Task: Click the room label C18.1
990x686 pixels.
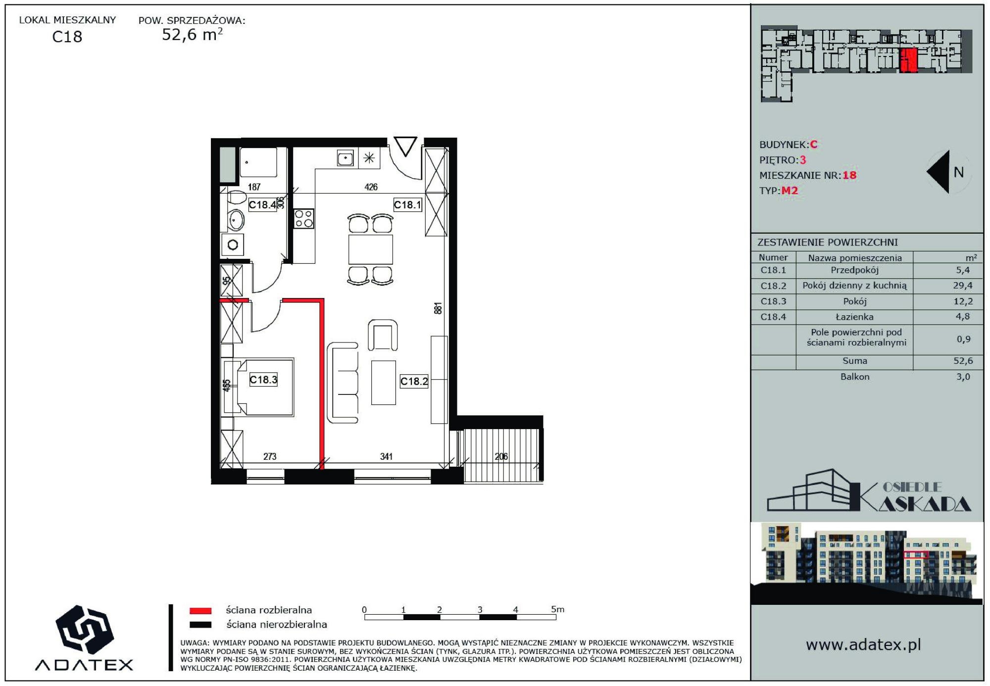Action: (x=407, y=204)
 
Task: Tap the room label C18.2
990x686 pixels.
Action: (x=414, y=381)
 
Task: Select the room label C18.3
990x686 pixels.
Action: (x=263, y=380)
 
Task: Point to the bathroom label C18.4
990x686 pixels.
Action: (x=262, y=204)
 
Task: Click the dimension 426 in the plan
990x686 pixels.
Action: (x=371, y=187)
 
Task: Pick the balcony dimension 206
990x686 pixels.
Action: (x=501, y=456)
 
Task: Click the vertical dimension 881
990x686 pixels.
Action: (x=438, y=308)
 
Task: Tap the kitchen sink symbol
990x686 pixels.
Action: (x=345, y=158)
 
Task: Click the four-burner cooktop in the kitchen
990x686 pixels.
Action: (x=304, y=219)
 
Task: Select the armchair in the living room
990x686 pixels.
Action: (x=383, y=335)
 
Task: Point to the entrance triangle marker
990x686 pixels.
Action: (x=405, y=147)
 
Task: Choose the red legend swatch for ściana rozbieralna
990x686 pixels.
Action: (x=200, y=611)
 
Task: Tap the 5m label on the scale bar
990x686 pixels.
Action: (x=558, y=609)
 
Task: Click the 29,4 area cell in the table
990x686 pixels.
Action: (x=962, y=286)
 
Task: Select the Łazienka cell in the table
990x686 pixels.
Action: (x=854, y=317)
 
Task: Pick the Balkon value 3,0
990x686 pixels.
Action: (x=963, y=377)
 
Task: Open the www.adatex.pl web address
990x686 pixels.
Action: (x=863, y=644)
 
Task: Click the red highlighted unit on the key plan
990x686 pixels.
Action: (x=909, y=60)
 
